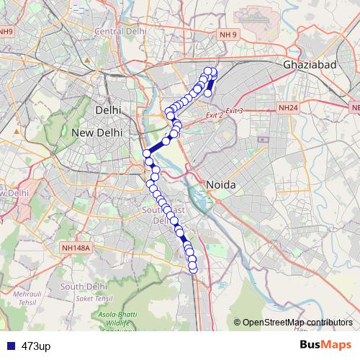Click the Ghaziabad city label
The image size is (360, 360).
310,65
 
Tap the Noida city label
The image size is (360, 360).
222,185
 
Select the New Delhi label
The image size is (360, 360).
98,132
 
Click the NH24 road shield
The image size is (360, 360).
288,108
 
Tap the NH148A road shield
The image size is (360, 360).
76,248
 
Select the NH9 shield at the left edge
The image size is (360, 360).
6,32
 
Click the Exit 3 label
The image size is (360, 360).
234,110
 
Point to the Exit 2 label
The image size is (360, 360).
215,114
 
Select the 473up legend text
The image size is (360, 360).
36,346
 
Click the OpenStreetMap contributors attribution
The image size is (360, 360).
297,322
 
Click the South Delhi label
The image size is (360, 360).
84,286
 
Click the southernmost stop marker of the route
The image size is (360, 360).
193,269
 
